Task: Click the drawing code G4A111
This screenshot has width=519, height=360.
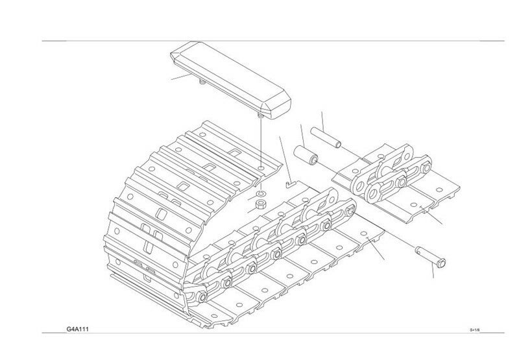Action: (x=78, y=330)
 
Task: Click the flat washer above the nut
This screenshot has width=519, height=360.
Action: (x=260, y=193)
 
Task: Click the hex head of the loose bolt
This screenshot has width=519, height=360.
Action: (x=439, y=263)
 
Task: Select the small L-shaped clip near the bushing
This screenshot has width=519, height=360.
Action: (x=290, y=184)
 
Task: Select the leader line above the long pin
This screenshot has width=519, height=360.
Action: (x=322, y=119)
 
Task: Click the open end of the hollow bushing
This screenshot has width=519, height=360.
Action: (x=313, y=160)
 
